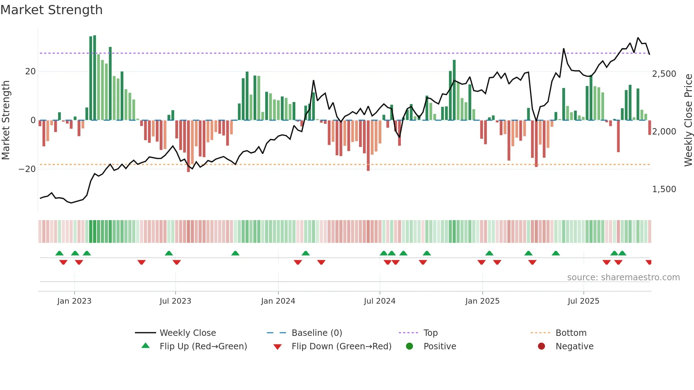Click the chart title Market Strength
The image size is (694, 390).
point(51,10)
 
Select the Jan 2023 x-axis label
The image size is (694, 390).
point(74,301)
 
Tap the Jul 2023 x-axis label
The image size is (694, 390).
point(175,301)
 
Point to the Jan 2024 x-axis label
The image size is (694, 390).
point(278,301)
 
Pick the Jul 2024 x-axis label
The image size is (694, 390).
point(380,301)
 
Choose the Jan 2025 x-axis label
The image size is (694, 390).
point(482,301)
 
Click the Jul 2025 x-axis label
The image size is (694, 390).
point(583,301)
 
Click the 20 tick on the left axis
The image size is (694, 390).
point(30,71)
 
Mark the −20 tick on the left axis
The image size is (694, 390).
point(27,169)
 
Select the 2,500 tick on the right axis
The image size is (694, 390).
point(664,74)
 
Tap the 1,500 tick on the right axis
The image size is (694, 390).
point(664,189)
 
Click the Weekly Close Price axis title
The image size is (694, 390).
point(688,120)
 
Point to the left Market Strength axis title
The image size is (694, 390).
point(6,120)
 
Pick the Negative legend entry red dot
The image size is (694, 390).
point(541,346)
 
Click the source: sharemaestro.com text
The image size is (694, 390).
point(623,277)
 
